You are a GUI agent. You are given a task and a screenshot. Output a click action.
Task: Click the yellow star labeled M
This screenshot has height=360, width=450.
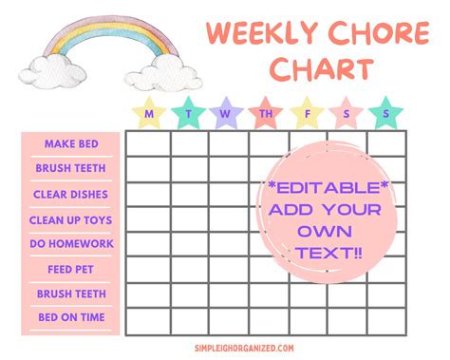pos(148,113)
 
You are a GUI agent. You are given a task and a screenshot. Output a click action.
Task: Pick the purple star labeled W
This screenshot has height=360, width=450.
pos(225,113)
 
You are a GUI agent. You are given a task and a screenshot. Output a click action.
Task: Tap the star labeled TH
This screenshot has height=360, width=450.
pos(266,113)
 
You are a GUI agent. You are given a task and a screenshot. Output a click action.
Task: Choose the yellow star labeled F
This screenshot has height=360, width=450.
pos(307,113)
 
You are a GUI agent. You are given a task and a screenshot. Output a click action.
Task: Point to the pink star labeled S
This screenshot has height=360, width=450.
pos(346,113)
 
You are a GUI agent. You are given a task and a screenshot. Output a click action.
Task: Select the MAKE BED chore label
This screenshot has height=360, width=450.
pos(70,143)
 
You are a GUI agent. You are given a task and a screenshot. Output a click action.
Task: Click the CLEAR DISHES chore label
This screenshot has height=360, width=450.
pos(70,194)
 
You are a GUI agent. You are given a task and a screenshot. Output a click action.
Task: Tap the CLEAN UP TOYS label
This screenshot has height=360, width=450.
pos(70,219)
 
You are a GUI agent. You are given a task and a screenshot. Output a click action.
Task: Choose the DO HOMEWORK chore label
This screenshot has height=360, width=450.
pos(70,244)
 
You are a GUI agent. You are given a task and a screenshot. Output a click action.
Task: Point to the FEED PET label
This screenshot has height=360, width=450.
pos(70,269)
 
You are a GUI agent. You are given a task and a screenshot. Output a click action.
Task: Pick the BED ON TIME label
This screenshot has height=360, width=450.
pos(70,319)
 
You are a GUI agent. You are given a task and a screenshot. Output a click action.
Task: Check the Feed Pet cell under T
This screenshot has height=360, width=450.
pos(188,269)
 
